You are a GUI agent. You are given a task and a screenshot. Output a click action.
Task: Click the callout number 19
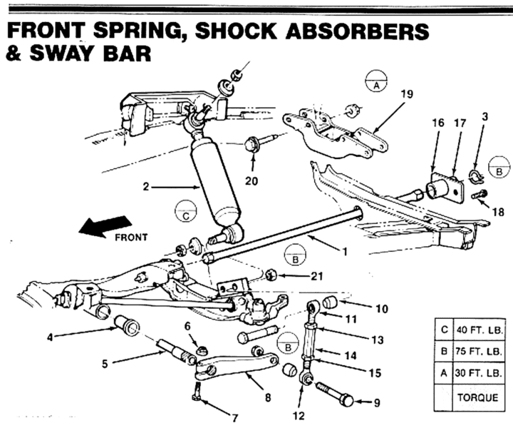406,93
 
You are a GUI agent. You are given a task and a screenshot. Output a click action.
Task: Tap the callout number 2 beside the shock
145,188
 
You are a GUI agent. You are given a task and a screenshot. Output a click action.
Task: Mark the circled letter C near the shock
185,213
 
